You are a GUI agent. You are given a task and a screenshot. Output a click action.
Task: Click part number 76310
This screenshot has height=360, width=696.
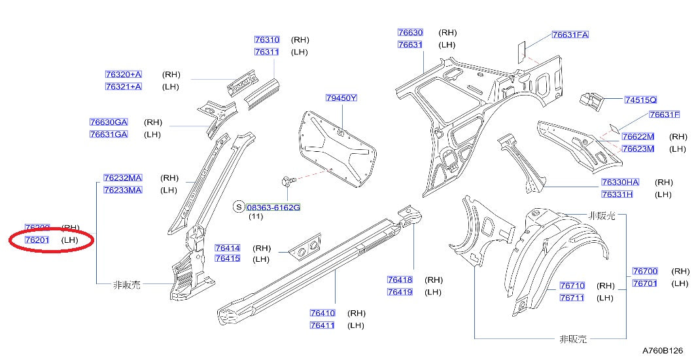[266, 40]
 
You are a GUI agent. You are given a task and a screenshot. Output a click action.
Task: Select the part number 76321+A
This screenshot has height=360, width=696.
[123, 86]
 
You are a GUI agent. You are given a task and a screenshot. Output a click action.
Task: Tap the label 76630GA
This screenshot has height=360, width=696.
[109, 122]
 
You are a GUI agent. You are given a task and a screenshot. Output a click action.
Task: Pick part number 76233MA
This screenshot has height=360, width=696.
[122, 190]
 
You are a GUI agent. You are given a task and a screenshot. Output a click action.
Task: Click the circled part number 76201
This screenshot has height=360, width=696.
[37, 240]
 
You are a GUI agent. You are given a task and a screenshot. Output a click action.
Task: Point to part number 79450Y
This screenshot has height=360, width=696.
[341, 98]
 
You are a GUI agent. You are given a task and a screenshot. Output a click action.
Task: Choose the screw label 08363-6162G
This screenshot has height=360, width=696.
[273, 207]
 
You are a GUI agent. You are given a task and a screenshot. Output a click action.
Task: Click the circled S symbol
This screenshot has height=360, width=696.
[239, 207]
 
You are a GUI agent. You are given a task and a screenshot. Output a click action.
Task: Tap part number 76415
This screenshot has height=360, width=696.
[227, 259]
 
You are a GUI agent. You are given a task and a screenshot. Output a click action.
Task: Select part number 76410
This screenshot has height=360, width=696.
[322, 313]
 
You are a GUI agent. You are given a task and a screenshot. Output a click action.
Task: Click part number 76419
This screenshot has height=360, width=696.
[399, 292]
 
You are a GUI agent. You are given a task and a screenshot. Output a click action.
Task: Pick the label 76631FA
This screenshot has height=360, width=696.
[570, 35]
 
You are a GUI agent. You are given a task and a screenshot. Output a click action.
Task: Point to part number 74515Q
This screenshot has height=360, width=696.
[640, 99]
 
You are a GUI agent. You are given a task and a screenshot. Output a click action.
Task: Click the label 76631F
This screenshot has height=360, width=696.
[665, 115]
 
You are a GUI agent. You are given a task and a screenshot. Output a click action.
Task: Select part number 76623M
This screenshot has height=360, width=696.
[637, 149]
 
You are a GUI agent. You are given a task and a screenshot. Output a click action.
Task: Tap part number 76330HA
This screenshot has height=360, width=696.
[620, 182]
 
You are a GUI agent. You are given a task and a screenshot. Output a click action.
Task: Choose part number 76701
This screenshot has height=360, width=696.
[644, 283]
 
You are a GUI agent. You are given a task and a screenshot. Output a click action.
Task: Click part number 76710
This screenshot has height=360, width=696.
[572, 285]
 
